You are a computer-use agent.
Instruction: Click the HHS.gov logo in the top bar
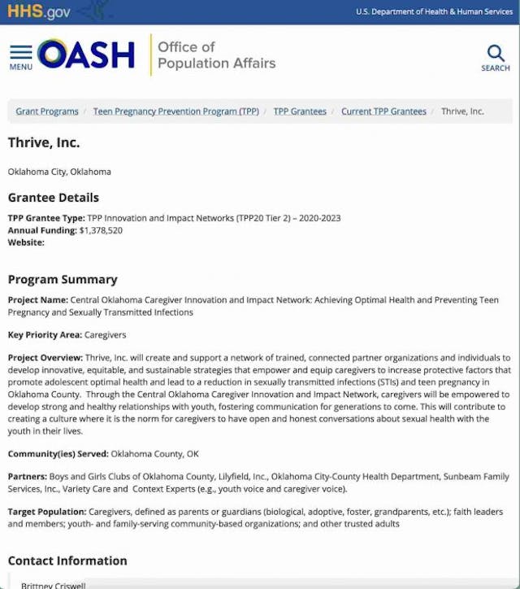[39, 11]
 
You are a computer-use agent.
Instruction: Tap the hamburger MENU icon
[21, 56]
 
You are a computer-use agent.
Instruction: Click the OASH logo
[86, 55]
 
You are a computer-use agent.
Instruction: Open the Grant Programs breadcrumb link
[47, 111]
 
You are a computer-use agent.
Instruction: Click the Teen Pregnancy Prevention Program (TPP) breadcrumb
[175, 111]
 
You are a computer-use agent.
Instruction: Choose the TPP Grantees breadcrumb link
[300, 111]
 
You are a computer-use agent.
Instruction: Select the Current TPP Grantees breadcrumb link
[383, 111]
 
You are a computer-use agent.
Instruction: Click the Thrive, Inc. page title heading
[44, 143]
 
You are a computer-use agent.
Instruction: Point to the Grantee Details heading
[54, 198]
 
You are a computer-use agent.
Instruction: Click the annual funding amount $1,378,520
[101, 230]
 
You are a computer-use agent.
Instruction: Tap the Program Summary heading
[63, 279]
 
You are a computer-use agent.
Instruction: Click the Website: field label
[26, 242]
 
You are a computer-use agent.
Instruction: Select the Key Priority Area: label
[45, 334]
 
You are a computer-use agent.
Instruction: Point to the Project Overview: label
[45, 358]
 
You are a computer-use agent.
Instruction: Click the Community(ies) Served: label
[58, 454]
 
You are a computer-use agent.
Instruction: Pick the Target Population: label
[47, 512]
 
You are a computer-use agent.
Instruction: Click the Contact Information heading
[67, 561]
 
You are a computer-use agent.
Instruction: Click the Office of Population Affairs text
[216, 55]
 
